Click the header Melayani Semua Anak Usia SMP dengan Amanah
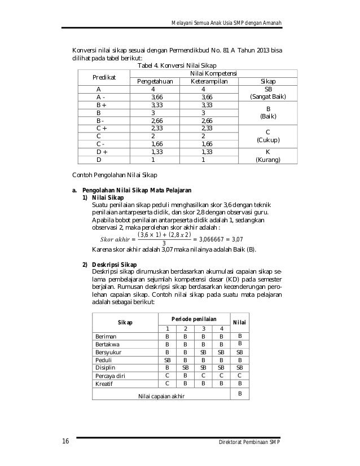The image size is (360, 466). click(x=226, y=23)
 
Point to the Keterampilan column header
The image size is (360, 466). click(x=203, y=81)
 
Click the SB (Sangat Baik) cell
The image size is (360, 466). click(x=267, y=93)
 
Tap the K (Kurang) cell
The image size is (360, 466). click(x=267, y=156)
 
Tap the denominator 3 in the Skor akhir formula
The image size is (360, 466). click(x=164, y=244)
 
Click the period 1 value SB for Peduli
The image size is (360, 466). click(x=167, y=359)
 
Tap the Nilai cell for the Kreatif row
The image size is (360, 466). click(x=240, y=383)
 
